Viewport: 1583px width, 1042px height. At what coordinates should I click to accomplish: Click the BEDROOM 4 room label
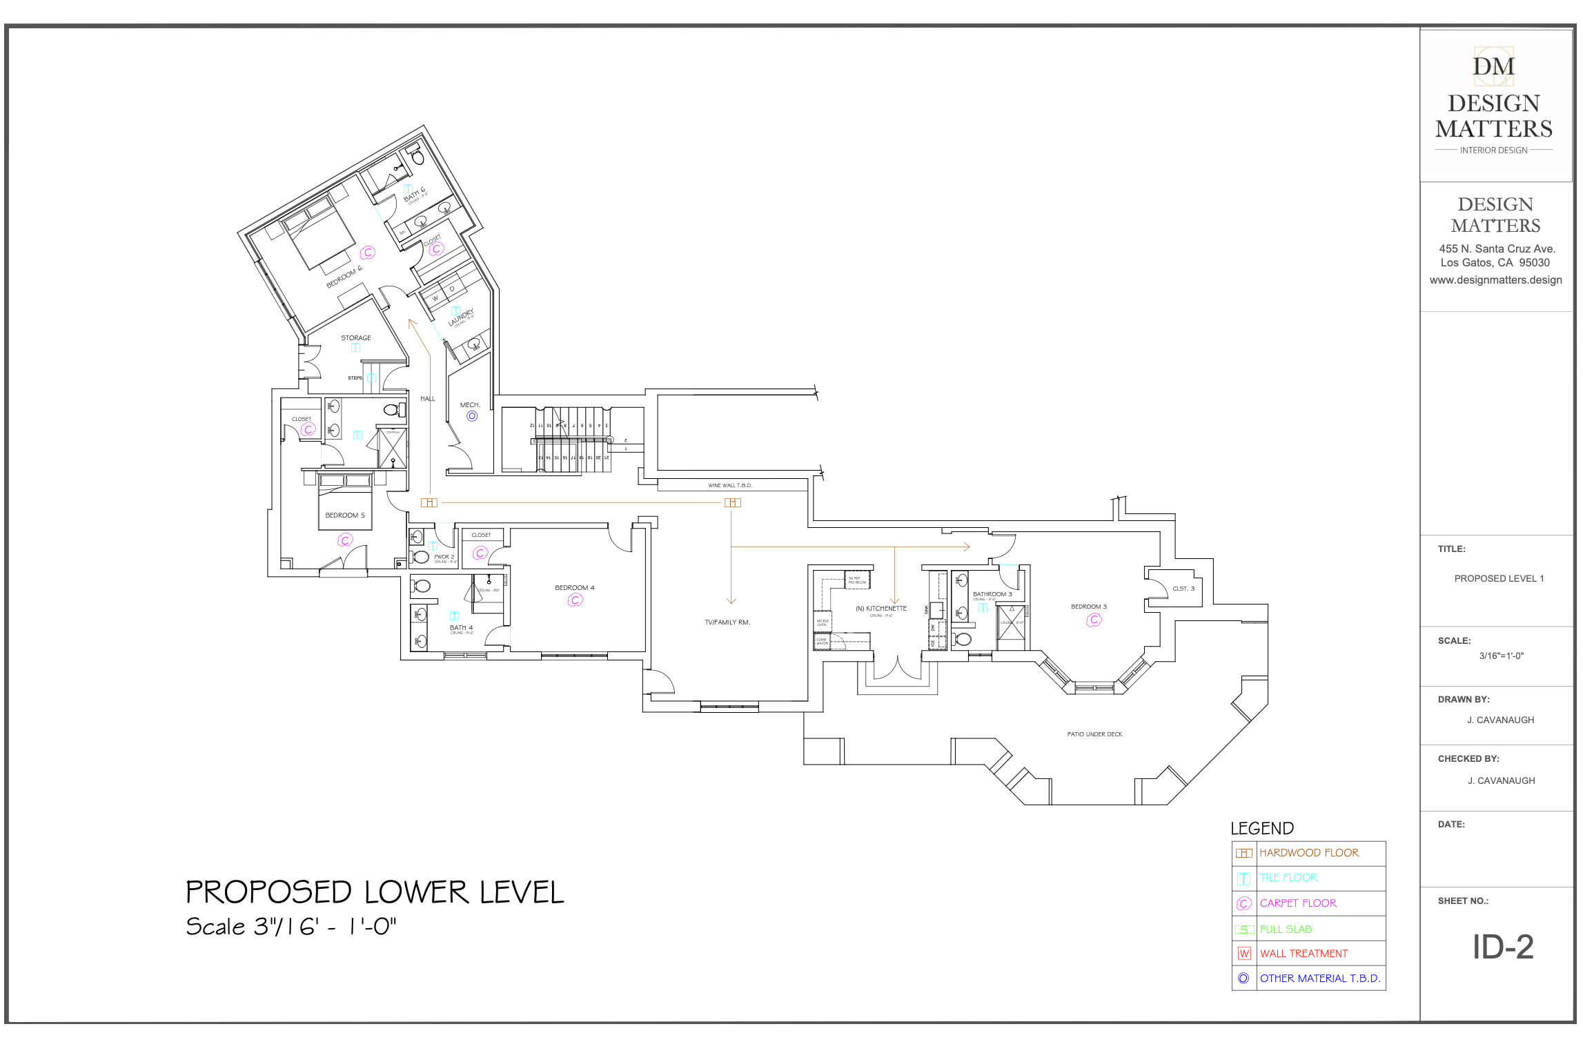coord(574,588)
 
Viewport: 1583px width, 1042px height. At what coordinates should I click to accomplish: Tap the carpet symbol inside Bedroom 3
coord(1094,620)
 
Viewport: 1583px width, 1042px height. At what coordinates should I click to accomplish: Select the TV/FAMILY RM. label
coord(727,622)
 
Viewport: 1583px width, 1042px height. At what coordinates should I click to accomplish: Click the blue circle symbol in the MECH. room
coord(472,416)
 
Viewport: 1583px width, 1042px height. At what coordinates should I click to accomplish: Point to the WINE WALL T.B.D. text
coord(730,486)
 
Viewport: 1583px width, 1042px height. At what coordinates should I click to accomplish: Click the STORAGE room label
coord(355,338)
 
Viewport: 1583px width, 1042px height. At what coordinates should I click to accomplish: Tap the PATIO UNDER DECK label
coord(1094,734)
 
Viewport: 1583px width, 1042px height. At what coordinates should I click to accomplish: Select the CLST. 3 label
coord(1183,589)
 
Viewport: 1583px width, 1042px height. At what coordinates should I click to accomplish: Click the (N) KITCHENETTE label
coord(881,609)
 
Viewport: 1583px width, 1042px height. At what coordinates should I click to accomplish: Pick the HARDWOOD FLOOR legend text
coord(1308,853)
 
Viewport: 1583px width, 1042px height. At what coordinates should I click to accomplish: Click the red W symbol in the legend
coord(1244,954)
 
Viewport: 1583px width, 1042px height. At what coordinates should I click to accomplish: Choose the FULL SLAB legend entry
coord(1286,930)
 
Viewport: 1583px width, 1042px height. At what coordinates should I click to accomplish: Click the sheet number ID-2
coord(1502,947)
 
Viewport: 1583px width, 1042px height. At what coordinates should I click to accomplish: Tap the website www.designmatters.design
coord(1495,280)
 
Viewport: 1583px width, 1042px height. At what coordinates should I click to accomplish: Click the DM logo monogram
coord(1494,66)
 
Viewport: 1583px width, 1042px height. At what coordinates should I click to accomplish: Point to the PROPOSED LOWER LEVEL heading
coord(375,892)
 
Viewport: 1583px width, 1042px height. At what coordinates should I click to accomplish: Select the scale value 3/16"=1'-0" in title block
coord(1501,656)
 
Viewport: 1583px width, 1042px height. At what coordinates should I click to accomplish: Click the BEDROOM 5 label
coord(344,515)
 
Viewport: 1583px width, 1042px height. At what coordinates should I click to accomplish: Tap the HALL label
coord(428,399)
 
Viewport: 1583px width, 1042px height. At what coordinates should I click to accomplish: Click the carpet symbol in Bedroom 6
coord(368,253)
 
